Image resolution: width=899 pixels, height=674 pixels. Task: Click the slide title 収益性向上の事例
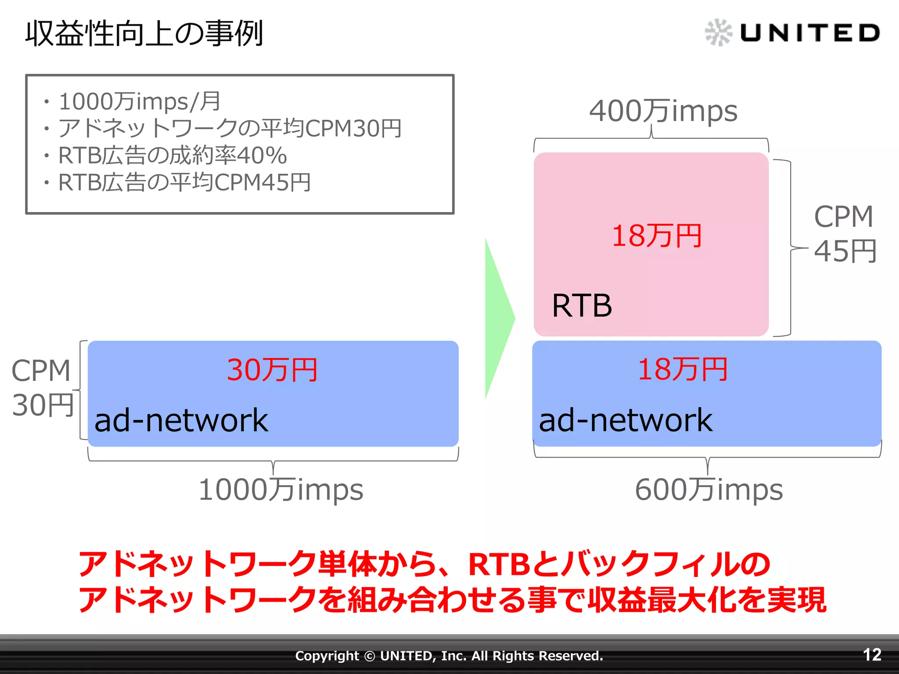(144, 33)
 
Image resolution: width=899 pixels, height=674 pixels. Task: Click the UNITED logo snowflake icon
(718, 32)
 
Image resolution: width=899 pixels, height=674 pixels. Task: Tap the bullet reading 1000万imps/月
(140, 101)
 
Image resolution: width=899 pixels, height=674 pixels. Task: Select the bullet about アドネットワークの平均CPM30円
(230, 129)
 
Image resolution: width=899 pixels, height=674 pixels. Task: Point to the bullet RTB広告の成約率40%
(173, 155)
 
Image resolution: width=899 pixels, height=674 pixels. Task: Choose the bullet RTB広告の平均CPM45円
(184, 183)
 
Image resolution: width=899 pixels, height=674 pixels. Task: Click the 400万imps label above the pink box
(663, 111)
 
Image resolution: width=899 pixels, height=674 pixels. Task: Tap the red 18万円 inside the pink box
(657, 236)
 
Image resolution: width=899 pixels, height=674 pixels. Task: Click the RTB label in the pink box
(582, 306)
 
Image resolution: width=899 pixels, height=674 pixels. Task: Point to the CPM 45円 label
(844, 234)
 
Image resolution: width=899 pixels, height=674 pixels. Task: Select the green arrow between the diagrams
(499, 318)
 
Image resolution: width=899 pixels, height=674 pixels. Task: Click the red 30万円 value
(272, 370)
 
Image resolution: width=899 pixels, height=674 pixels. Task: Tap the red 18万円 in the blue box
(683, 369)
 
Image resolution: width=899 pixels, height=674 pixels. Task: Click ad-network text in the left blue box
(181, 420)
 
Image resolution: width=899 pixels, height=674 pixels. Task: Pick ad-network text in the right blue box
(626, 420)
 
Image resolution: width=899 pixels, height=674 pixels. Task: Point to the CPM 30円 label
(42, 388)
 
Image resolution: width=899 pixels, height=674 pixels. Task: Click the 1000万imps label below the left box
(281, 490)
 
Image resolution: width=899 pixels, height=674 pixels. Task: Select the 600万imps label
(708, 490)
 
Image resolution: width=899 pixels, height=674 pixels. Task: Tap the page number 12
(872, 655)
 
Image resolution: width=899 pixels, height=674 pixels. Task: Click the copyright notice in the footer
(449, 656)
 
